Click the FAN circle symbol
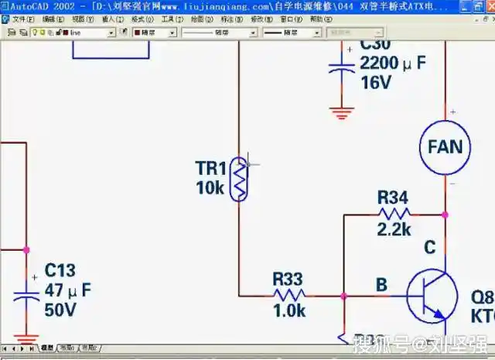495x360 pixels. (445, 146)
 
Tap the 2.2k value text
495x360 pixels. (394, 230)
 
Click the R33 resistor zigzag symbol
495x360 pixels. (289, 294)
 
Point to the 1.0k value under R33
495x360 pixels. (289, 311)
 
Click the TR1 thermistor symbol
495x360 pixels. (240, 178)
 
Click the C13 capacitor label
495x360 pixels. (60, 270)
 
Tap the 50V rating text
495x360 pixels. (60, 310)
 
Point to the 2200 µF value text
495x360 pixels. (393, 63)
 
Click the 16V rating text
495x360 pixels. (376, 83)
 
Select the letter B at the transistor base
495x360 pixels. (381, 285)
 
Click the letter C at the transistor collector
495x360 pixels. (430, 248)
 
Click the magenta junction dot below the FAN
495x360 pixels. (445, 214)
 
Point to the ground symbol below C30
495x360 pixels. (341, 113)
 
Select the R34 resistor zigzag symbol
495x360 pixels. (394, 214)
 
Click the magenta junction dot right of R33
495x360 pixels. (342, 295)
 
